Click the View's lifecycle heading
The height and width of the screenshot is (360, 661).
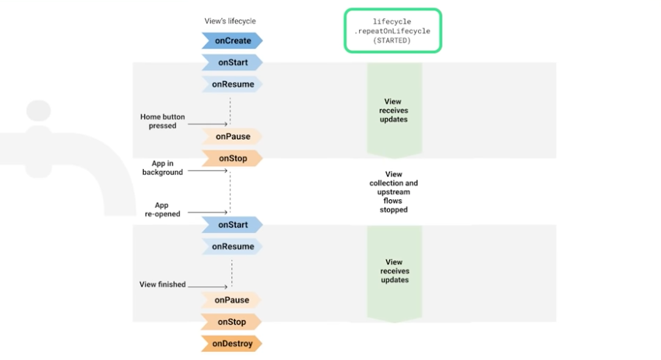click(x=230, y=21)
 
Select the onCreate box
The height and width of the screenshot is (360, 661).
click(x=232, y=41)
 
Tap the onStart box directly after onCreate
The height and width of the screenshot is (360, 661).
click(x=232, y=63)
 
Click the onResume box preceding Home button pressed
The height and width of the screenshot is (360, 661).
click(x=232, y=84)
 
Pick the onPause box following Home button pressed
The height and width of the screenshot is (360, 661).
click(x=232, y=136)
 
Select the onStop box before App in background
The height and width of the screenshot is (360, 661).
click(x=232, y=158)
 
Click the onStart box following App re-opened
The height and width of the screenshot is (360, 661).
click(x=232, y=225)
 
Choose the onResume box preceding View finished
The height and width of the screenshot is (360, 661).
click(x=232, y=247)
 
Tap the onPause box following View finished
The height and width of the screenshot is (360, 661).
click(x=232, y=300)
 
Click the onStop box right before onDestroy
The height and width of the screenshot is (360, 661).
click(x=232, y=322)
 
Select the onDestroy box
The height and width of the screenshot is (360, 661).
click(x=232, y=343)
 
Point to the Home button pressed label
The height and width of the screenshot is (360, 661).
click(x=162, y=121)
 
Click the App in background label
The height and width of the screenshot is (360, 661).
click(x=162, y=168)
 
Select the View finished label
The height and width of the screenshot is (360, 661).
click(x=162, y=284)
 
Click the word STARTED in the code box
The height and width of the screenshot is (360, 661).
click(x=392, y=41)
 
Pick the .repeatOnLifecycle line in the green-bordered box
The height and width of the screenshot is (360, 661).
click(x=392, y=32)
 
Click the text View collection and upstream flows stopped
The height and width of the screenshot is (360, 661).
click(x=394, y=192)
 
